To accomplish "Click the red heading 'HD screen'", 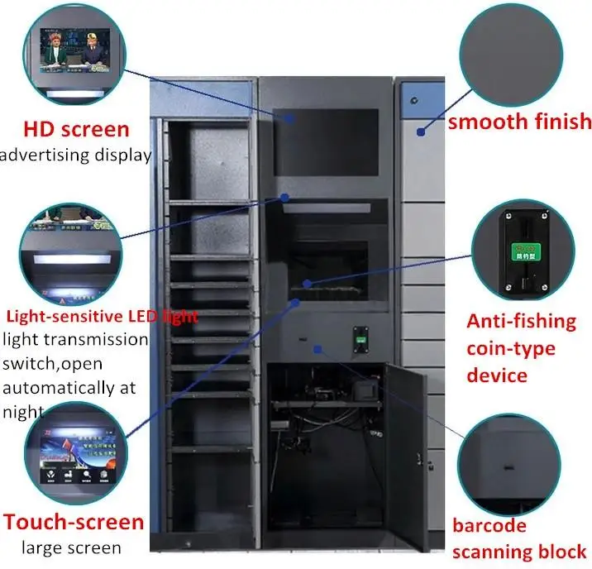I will point(76,129).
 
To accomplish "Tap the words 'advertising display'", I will point(76,154).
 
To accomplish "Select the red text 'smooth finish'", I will point(520,122).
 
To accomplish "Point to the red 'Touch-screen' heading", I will point(73,523).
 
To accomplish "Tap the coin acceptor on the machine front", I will point(360,340).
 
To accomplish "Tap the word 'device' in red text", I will point(496,375).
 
